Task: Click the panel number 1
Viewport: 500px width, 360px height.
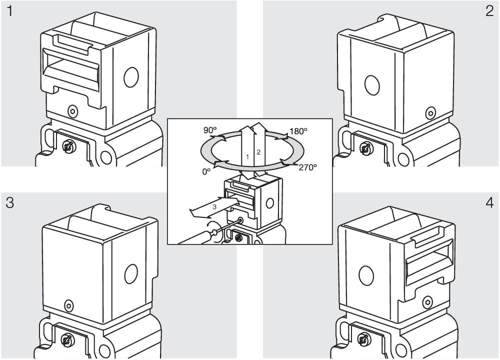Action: [10, 11]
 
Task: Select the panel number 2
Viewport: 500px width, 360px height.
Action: [489, 11]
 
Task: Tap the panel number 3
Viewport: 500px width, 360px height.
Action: [10, 202]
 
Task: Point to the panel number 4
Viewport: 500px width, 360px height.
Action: [490, 202]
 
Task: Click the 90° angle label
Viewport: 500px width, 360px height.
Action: [210, 130]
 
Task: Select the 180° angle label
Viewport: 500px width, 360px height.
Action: [298, 131]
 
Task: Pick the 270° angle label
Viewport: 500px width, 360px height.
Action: [307, 167]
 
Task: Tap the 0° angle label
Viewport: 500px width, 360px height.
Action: [206, 171]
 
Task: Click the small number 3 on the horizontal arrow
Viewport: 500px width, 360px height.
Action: [214, 207]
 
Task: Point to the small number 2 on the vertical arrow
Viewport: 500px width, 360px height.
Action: [258, 152]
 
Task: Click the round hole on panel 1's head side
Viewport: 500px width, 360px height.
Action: [131, 77]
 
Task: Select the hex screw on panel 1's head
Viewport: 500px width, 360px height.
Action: [73, 111]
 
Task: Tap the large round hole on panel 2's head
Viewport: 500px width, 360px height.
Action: [372, 85]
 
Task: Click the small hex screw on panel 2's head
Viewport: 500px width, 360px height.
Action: [431, 113]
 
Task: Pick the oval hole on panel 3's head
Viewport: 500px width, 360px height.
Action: [131, 274]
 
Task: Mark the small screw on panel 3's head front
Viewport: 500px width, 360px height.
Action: [68, 305]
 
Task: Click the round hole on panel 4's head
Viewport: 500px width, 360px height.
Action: [366, 275]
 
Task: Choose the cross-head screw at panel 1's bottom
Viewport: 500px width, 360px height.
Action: [68, 146]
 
